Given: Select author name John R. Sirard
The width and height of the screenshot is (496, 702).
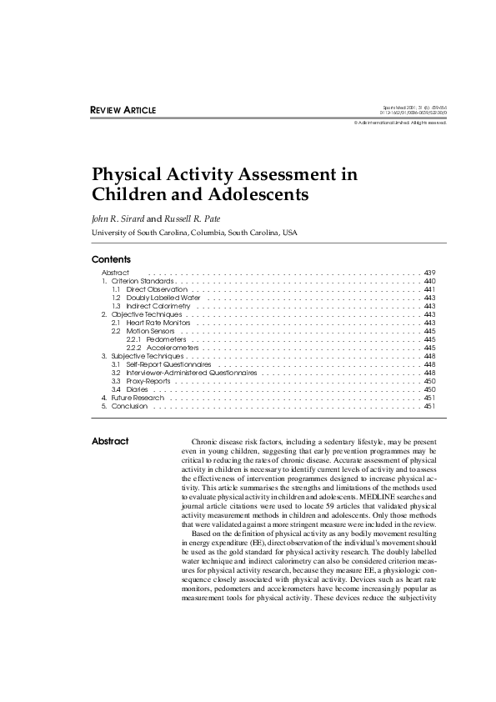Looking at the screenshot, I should pyautogui.click(x=118, y=218).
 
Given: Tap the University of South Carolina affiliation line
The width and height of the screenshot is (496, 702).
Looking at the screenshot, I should pyautogui.click(x=193, y=232).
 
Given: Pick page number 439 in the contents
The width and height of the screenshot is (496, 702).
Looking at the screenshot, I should pyautogui.click(x=430, y=273).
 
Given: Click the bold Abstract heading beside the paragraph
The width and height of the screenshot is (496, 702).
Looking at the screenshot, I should pyautogui.click(x=110, y=442).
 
